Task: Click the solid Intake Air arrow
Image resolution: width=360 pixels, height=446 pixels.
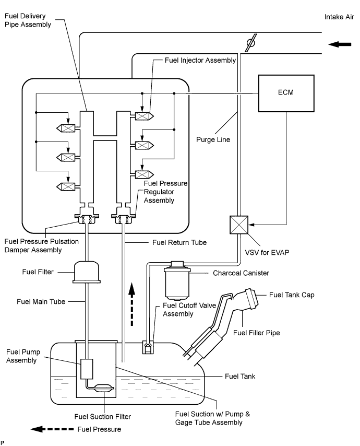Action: (x=340, y=44)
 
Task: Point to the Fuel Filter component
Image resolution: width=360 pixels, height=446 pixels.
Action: (x=90, y=271)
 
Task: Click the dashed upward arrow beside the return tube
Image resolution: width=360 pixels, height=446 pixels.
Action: (x=133, y=305)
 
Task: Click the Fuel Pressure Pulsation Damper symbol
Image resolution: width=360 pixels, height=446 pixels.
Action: (x=87, y=219)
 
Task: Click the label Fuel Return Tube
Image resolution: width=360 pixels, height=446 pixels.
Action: (x=179, y=242)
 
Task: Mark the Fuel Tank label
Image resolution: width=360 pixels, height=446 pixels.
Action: (x=241, y=375)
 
